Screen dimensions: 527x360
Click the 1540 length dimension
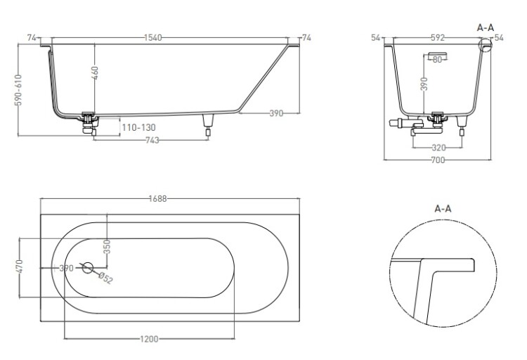[x=153, y=38]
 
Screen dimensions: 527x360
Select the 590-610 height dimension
[x=18, y=90]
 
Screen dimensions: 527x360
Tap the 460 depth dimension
[x=95, y=73]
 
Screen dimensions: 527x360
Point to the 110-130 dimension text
[x=139, y=127]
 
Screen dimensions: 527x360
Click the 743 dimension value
[x=152, y=140]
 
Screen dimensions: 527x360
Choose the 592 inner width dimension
[x=438, y=38]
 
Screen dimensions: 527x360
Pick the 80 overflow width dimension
[x=437, y=60]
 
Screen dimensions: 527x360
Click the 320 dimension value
[x=438, y=148]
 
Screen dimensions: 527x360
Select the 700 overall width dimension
[x=438, y=160]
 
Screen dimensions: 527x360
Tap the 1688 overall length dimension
[x=157, y=199]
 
